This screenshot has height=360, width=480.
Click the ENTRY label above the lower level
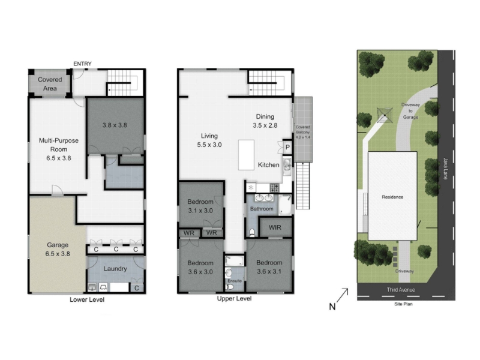click(82, 64)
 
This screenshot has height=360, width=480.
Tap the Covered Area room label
click(50, 84)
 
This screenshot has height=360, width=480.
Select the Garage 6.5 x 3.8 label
click(58, 249)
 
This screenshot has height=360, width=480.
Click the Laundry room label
click(115, 268)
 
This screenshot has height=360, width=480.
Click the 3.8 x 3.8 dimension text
click(115, 125)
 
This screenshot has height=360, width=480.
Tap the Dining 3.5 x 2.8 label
click(265, 121)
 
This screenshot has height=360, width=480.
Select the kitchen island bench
click(246, 155)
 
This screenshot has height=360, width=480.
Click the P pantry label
click(288, 147)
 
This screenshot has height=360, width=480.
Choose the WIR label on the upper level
click(275, 227)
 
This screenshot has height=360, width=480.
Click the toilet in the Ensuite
click(229, 287)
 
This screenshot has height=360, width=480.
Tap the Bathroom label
click(262, 209)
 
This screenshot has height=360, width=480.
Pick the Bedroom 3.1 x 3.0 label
click(200, 206)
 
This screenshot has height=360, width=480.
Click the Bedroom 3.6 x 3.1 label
click(269, 267)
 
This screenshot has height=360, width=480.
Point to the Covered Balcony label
click(303, 132)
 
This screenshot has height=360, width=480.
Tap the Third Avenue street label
click(401, 290)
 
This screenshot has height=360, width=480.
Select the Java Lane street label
click(446, 169)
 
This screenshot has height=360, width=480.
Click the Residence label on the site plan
click(392, 197)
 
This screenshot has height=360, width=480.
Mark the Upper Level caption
click(234, 298)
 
